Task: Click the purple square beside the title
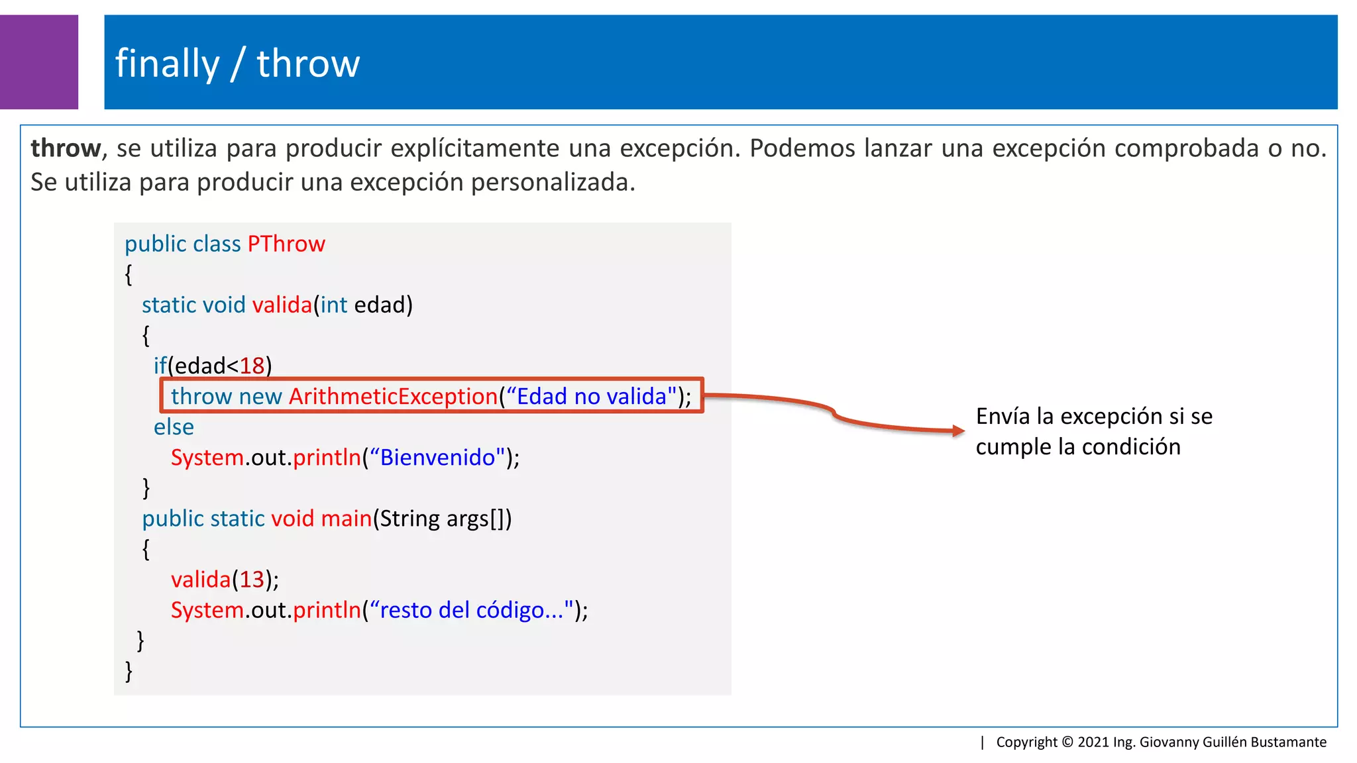pyautogui.click(x=38, y=62)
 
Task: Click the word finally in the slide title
pyautogui.click(x=167, y=64)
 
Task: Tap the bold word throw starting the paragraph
pyautogui.click(x=66, y=148)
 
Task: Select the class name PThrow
pyautogui.click(x=286, y=244)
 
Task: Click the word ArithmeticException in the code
pyautogui.click(x=393, y=396)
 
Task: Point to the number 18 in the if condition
pyautogui.click(x=252, y=366)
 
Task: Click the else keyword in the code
pyautogui.click(x=174, y=427)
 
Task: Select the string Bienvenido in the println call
pyautogui.click(x=437, y=457)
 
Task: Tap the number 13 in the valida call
pyautogui.click(x=252, y=580)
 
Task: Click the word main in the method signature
pyautogui.click(x=346, y=518)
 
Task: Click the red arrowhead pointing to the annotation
pyautogui.click(x=958, y=431)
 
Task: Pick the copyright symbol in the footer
pyautogui.click(x=1067, y=742)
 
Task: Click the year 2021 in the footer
pyautogui.click(x=1093, y=742)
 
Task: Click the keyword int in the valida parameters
pyautogui.click(x=334, y=305)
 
